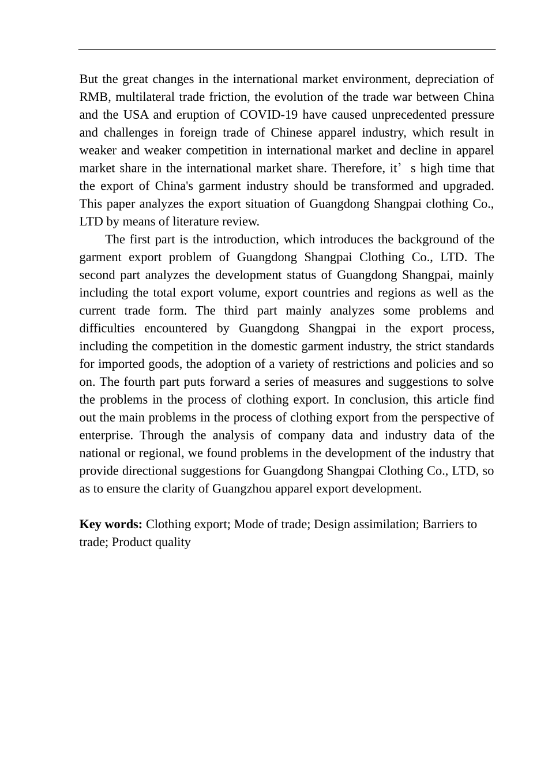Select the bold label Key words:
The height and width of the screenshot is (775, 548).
point(111,524)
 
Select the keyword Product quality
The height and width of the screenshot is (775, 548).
point(151,542)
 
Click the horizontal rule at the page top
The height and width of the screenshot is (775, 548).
point(287,50)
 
